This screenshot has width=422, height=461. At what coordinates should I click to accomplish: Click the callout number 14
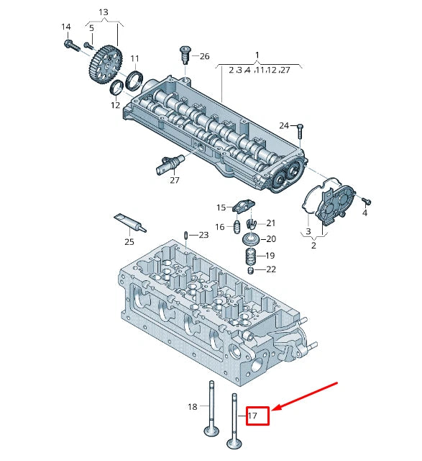coord(66,27)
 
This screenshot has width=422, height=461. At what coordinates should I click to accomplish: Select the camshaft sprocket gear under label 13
coord(105,64)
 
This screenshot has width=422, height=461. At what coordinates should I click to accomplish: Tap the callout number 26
coord(204,56)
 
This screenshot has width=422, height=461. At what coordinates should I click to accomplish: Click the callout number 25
coord(129,241)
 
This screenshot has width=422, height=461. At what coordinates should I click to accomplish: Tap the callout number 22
coord(270,270)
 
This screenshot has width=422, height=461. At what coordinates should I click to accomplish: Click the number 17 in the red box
coord(252,416)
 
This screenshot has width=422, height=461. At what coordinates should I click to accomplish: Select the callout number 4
coord(364,213)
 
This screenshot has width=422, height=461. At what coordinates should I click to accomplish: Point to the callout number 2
coord(313,246)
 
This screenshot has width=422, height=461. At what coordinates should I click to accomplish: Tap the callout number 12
coord(115,105)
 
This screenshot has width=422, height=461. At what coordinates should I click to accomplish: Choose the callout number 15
coord(221,207)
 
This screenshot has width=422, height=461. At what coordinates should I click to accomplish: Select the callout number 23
coord(203,235)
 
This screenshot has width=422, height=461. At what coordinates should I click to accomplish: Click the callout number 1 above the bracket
coord(257,55)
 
